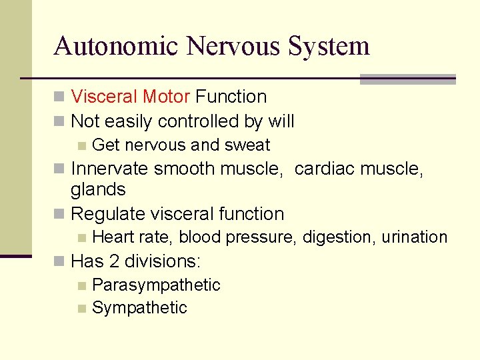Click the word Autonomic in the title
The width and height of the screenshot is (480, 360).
[x=116, y=46]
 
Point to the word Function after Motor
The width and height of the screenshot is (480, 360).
[x=231, y=97]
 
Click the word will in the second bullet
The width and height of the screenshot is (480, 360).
[x=281, y=121]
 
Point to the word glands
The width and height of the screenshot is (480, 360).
[x=98, y=189]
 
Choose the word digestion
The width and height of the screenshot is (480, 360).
[x=339, y=237]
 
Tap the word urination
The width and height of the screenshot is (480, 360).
[x=414, y=237]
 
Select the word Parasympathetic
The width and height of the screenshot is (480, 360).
[x=156, y=285]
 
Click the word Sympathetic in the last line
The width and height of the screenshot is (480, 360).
[x=139, y=307]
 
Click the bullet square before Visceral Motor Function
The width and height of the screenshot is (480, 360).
[x=60, y=97]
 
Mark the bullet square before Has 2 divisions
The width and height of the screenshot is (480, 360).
[x=60, y=261]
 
